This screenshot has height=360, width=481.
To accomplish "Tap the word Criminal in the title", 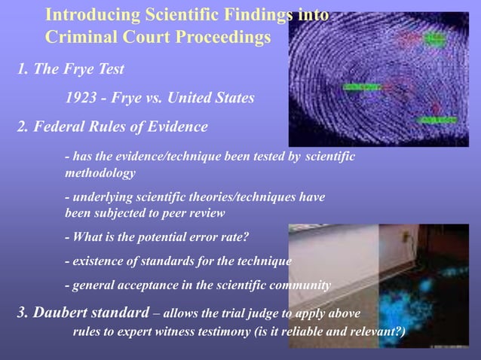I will point(78,36).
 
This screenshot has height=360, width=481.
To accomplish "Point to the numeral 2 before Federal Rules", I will point(22,127).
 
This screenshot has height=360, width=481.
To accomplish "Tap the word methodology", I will point(100,173).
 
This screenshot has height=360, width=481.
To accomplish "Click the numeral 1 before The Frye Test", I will point(22,70).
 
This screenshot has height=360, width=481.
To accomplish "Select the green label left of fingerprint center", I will point(360,87).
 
